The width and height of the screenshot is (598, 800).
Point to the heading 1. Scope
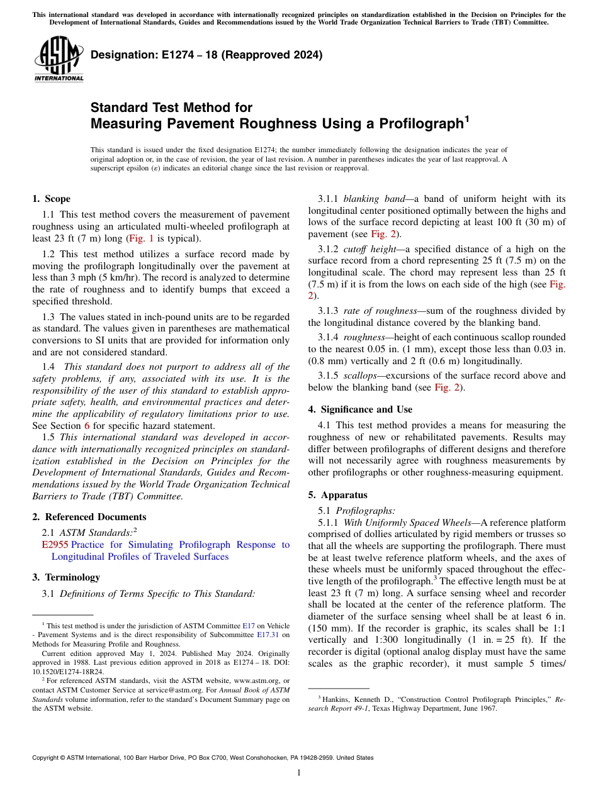click(51, 199)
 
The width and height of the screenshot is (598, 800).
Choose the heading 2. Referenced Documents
click(89, 517)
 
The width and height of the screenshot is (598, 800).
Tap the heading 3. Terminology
click(65, 577)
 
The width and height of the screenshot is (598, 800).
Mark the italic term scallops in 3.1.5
click(359, 375)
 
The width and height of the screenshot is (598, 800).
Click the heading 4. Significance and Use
click(360, 409)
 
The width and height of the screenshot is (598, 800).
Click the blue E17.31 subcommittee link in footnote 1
click(268, 635)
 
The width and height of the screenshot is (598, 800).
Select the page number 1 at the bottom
click(299, 773)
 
